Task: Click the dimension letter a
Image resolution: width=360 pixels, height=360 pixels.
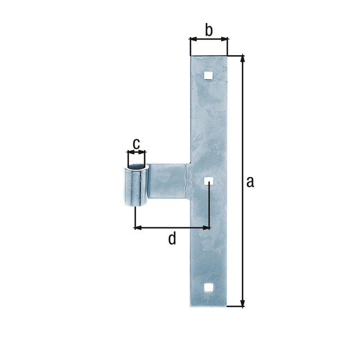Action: (250, 181)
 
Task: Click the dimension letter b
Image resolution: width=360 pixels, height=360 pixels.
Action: (208, 30)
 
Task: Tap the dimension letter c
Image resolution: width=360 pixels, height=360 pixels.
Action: (136, 143)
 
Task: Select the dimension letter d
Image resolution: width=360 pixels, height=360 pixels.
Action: (172, 239)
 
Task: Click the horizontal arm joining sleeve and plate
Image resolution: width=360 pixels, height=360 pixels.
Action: (168, 180)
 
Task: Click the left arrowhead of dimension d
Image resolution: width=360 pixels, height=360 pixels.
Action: (137, 228)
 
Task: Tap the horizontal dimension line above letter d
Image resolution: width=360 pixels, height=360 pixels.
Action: (172, 228)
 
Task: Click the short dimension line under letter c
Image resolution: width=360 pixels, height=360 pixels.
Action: (136, 152)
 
